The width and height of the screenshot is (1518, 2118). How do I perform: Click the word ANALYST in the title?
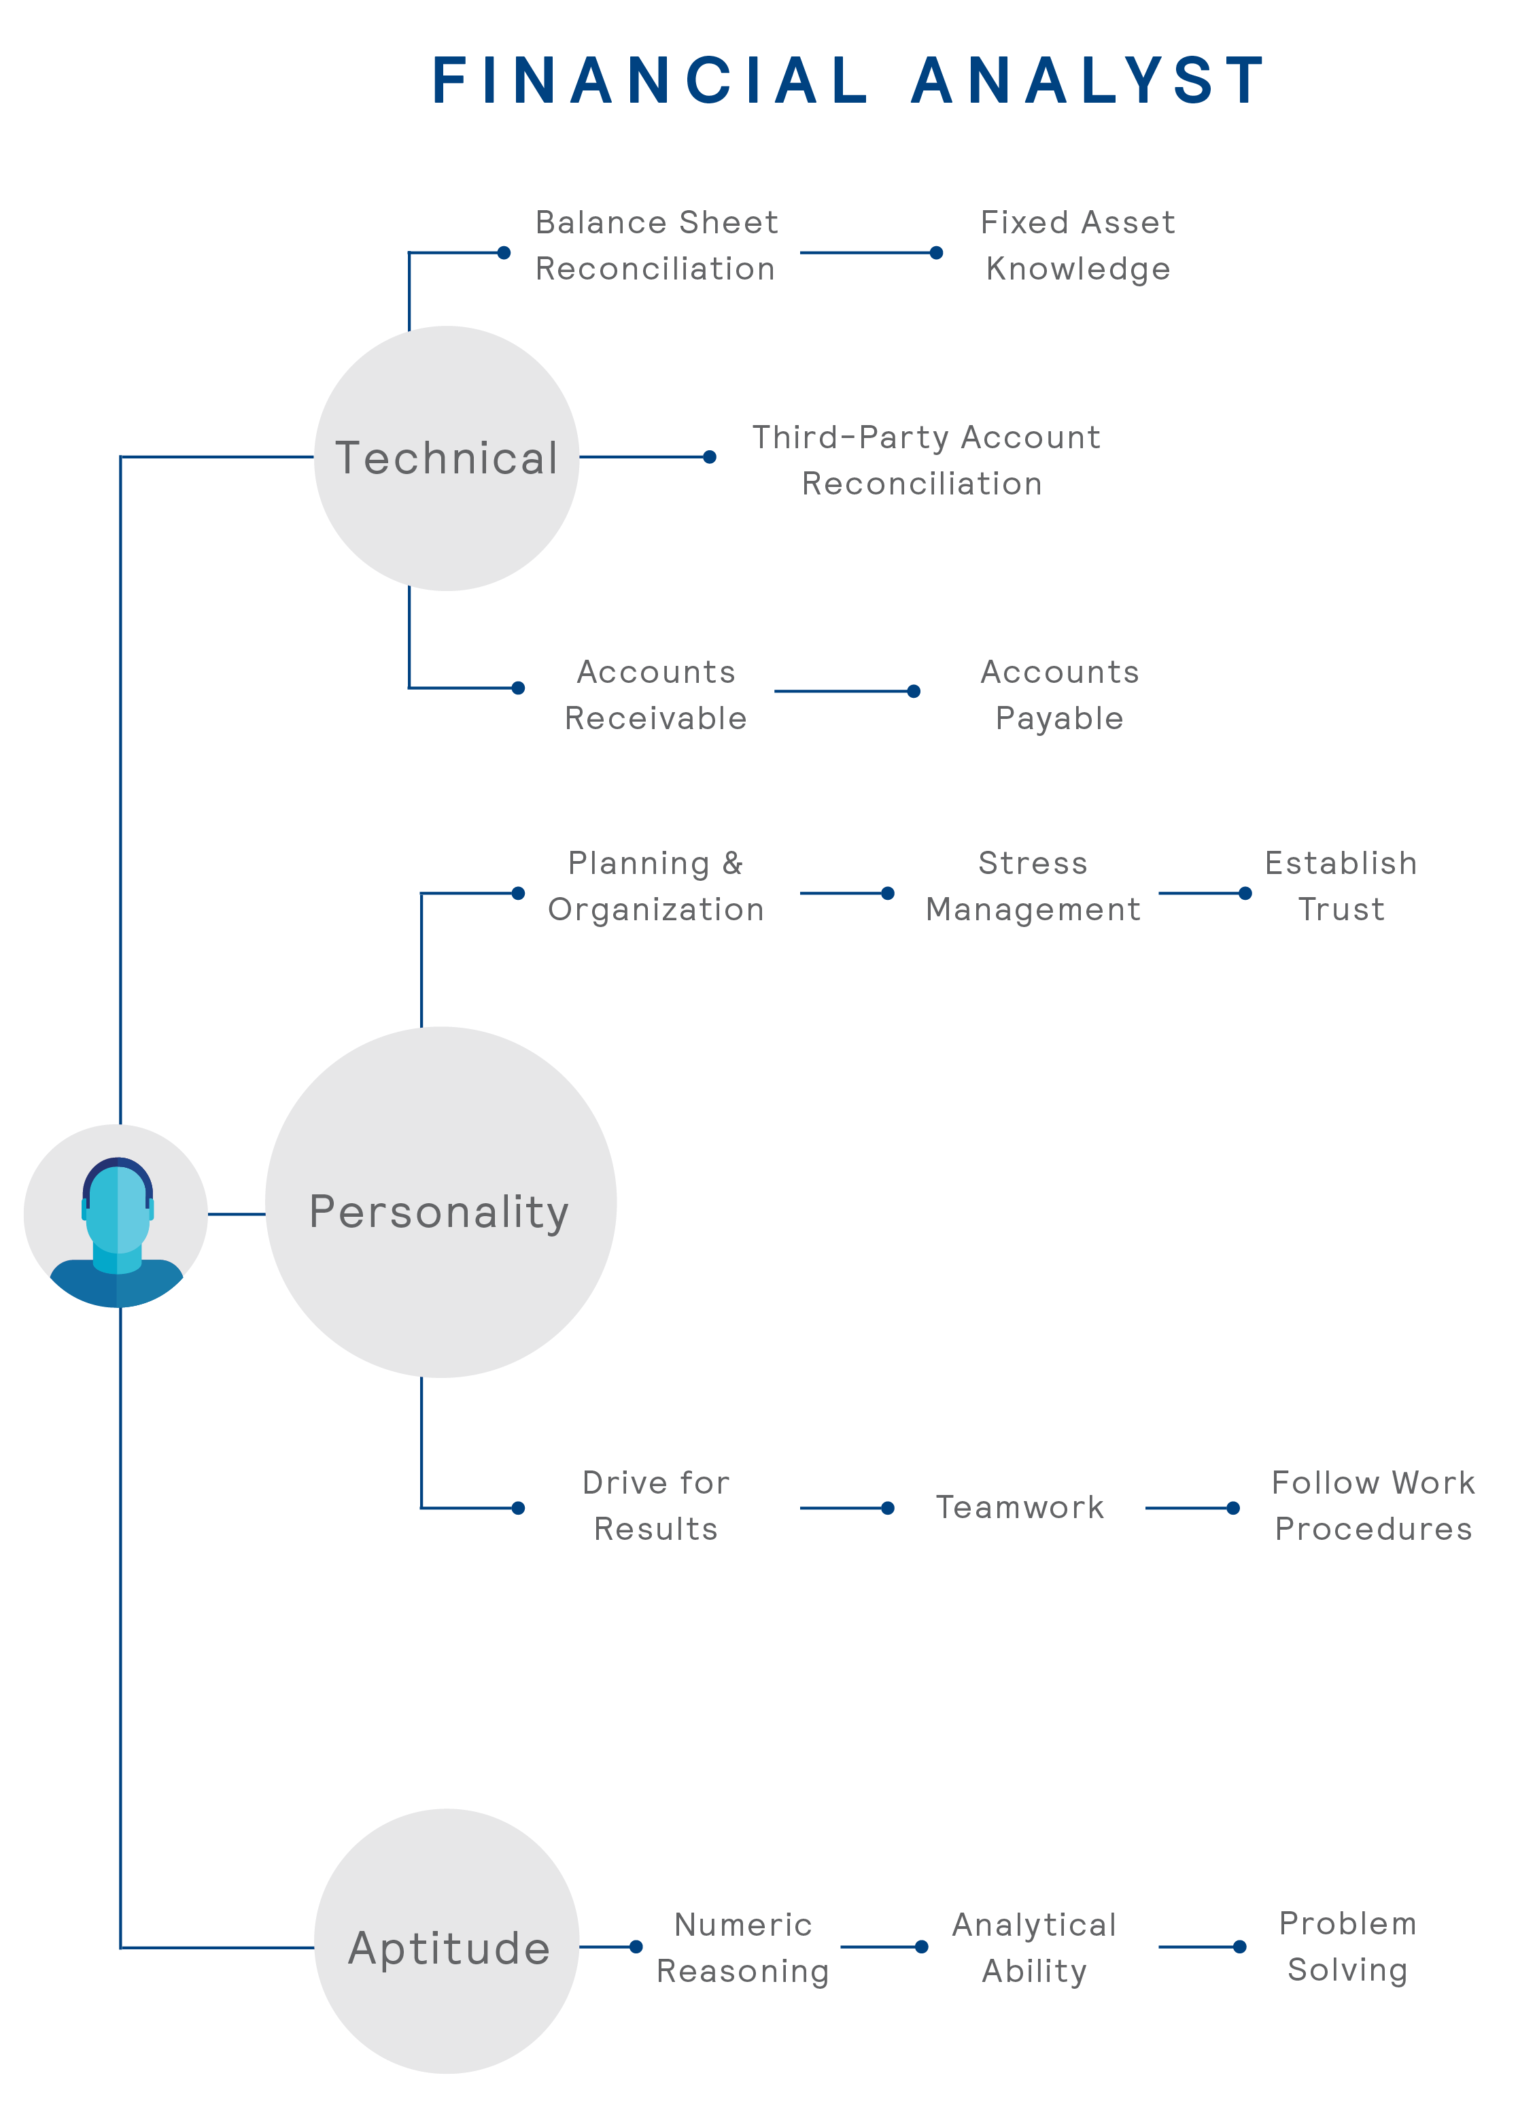(1088, 80)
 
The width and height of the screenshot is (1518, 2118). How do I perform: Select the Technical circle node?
(446, 458)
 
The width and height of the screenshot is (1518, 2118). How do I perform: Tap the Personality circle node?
(441, 1201)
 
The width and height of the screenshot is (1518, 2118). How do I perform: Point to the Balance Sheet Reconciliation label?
(655, 246)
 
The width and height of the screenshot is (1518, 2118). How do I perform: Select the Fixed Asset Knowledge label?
(1077, 246)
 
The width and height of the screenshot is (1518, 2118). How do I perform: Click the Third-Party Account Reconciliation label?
(925, 460)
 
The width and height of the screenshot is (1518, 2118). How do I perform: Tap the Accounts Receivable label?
(655, 695)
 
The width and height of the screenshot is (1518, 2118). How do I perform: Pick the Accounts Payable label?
(1060, 695)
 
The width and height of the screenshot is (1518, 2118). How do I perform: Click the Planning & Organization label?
(655, 886)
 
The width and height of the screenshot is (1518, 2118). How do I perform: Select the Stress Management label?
(1033, 886)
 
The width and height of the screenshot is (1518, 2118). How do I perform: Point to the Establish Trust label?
(1341, 886)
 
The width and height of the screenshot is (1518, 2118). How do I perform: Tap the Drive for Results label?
(655, 1505)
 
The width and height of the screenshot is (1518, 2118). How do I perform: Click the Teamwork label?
(1020, 1507)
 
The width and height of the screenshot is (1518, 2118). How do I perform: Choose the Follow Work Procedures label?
(1373, 1505)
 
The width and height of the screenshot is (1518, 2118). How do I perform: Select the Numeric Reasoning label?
(743, 1947)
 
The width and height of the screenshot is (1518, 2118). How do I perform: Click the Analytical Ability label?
(1035, 1947)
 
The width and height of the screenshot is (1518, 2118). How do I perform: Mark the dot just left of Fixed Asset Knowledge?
(936, 252)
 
